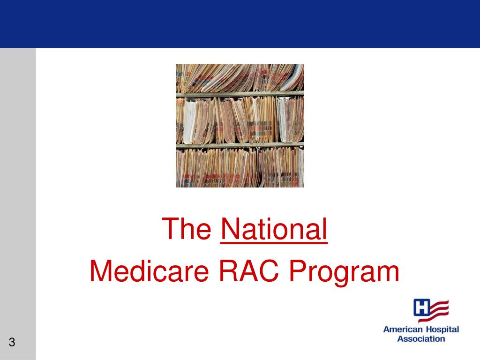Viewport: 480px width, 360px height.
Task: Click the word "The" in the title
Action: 187,229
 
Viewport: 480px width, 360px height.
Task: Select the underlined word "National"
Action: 273,229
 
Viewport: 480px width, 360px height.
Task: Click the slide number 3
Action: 12,342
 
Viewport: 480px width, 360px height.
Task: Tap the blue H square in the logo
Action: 422,308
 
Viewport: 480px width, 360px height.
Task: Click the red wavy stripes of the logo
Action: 440,310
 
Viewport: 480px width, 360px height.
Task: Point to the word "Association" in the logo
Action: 421,338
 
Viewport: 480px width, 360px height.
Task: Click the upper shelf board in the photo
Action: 240,94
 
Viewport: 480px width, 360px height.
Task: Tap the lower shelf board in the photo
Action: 240,145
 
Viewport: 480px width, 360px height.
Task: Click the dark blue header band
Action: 240,23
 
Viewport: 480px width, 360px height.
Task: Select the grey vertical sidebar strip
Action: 18,187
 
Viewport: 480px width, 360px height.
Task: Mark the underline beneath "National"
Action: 273,242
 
